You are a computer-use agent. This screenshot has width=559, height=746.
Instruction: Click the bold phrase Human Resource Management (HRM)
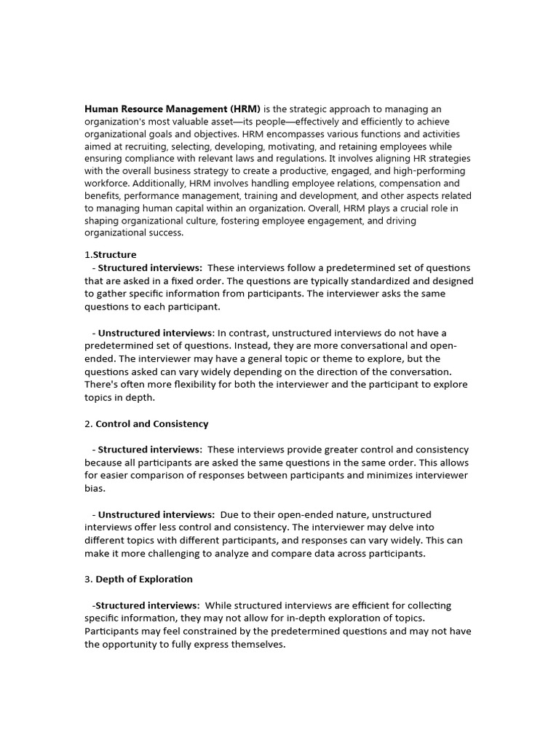point(173,109)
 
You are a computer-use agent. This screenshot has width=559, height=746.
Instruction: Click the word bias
point(95,488)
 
